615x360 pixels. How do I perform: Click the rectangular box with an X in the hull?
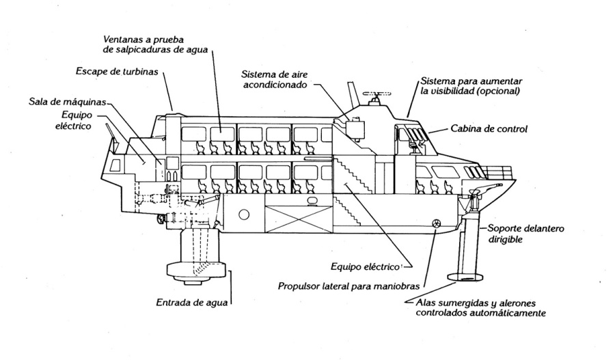pos(290,219)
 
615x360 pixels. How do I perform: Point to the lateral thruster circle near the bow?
pos(436,222)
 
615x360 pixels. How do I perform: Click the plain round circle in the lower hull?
pos(243,214)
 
